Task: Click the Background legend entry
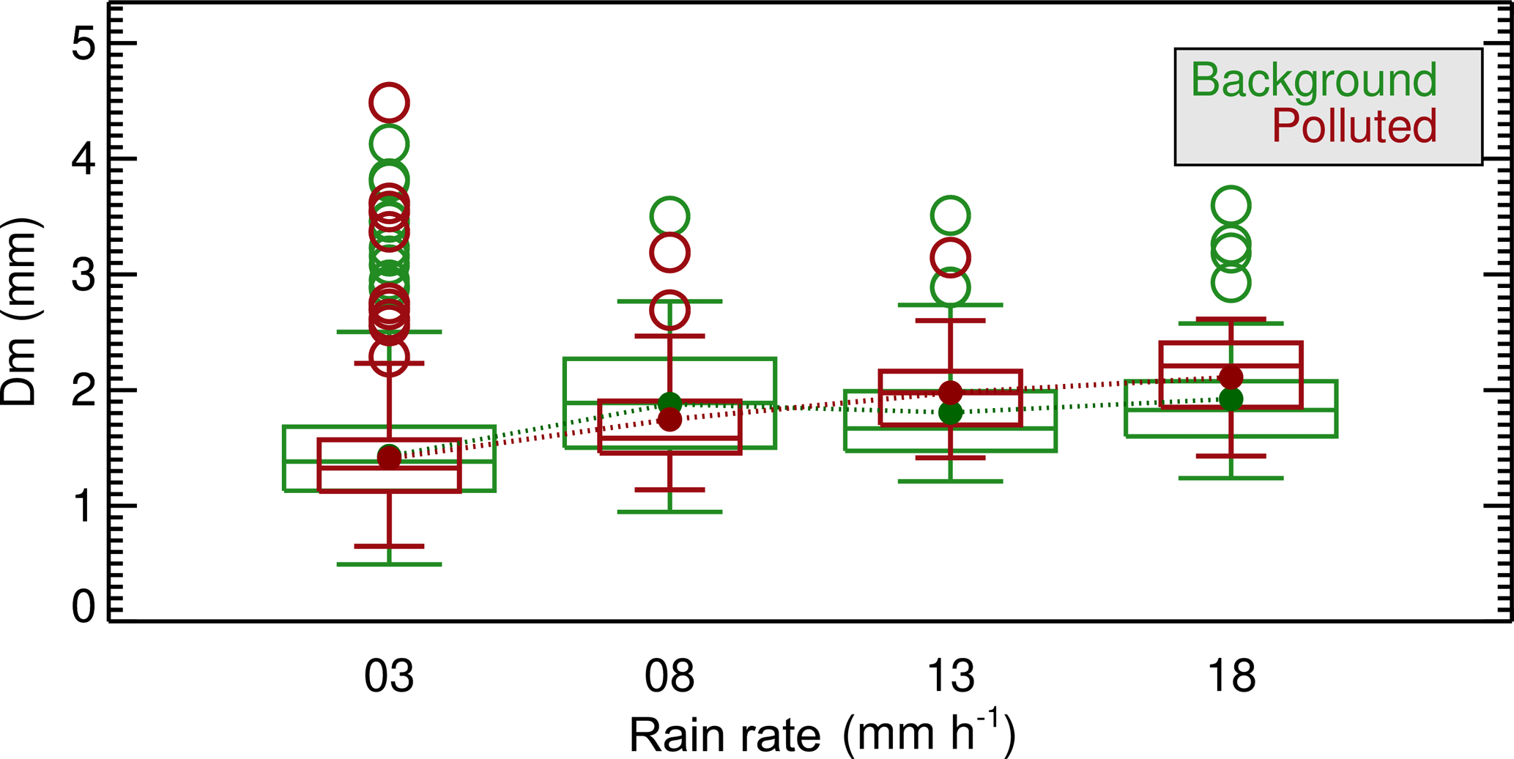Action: point(1313,81)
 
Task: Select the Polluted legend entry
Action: point(1354,126)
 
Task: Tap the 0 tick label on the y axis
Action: point(84,607)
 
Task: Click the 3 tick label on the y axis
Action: point(84,275)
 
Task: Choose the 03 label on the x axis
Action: point(389,675)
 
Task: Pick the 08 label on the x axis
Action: point(669,675)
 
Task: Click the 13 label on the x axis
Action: point(950,675)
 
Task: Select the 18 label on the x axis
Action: point(1231,675)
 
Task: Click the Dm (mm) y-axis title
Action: point(21,311)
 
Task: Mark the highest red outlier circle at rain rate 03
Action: point(389,103)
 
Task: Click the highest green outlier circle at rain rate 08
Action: point(669,217)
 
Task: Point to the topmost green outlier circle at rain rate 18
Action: point(1231,205)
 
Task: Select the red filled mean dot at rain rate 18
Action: point(1231,377)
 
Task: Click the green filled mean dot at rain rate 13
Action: point(950,413)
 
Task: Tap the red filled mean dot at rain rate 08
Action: point(669,420)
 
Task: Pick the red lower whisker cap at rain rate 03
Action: point(389,546)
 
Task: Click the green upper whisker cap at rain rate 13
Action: point(950,305)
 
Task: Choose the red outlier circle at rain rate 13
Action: point(950,258)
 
